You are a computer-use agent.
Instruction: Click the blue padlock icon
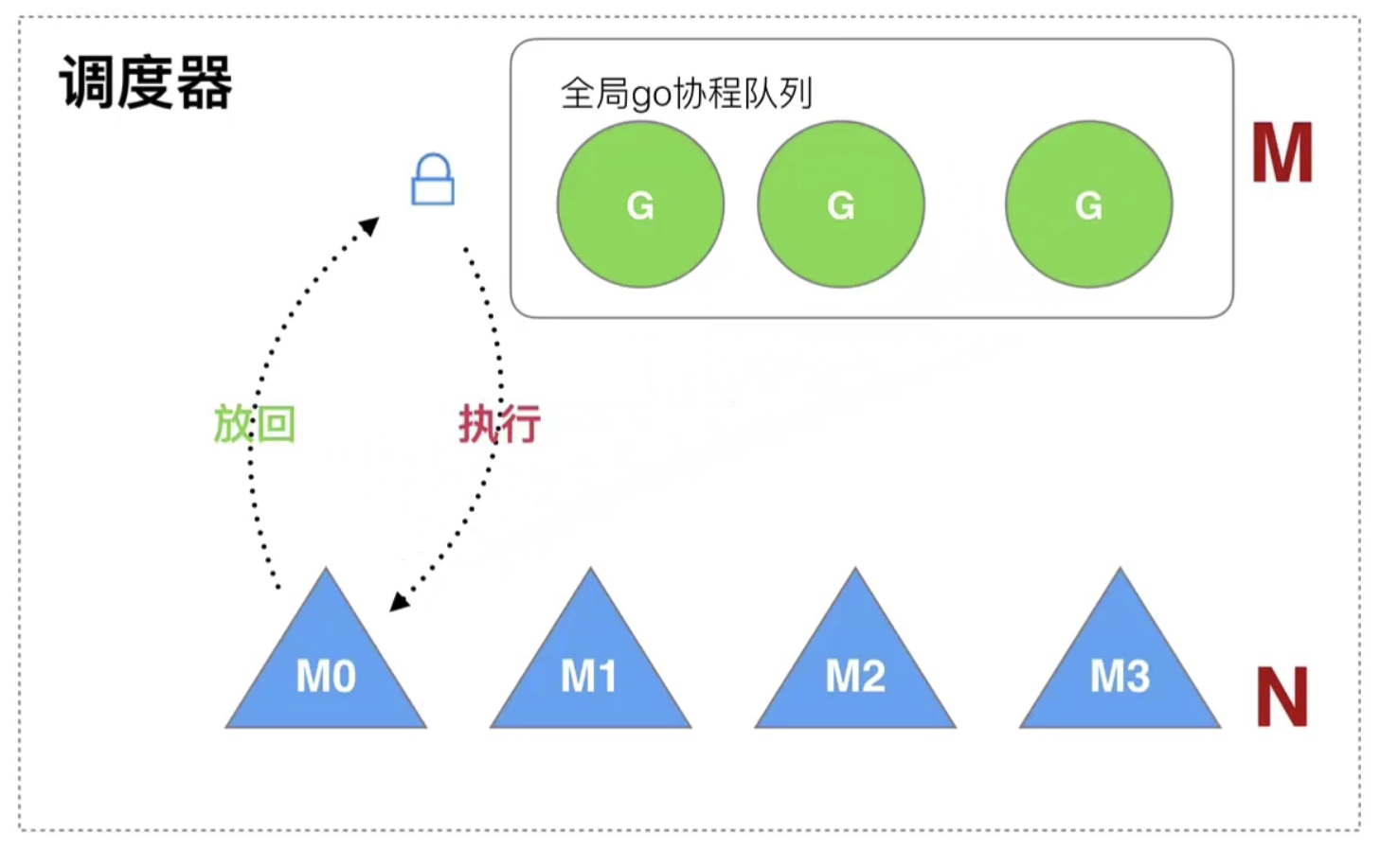432,181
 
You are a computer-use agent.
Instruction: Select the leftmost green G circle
640,204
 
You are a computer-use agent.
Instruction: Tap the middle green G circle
841,204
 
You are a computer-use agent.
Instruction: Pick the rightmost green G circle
1089,204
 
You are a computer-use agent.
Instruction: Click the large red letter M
1281,153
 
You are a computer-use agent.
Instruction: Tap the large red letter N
1281,698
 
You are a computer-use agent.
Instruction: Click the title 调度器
146,83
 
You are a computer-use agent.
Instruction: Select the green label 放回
254,423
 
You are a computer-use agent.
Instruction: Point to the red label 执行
499,423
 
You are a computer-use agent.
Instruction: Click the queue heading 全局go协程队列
687,94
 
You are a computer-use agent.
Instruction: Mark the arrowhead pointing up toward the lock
369,226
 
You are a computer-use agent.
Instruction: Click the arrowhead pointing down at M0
400,601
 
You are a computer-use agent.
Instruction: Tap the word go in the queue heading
652,96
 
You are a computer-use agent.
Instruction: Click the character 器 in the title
204,83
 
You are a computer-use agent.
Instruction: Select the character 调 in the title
87,83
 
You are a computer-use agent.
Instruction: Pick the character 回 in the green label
277,423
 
